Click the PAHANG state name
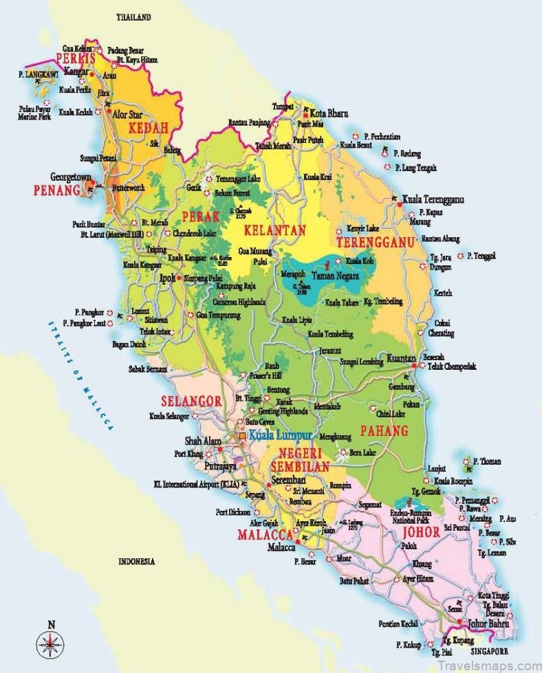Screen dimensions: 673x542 [384, 431]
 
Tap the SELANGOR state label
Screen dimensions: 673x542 [191, 401]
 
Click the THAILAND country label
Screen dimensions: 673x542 [135, 16]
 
